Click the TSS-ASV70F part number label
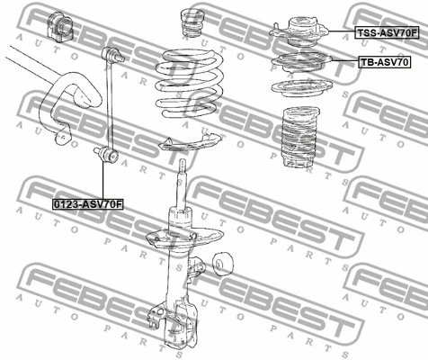point(387,32)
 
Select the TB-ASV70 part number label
point(384,62)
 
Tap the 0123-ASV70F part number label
point(88,204)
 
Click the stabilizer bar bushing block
point(60,25)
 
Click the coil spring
point(190,84)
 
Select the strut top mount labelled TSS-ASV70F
point(299,32)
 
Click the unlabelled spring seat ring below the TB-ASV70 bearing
point(302,88)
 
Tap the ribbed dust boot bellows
point(300,137)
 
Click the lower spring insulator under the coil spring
point(190,143)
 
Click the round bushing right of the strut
point(223,264)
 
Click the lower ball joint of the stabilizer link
point(107,153)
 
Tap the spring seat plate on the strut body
point(185,238)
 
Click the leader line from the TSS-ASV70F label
point(342,31)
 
